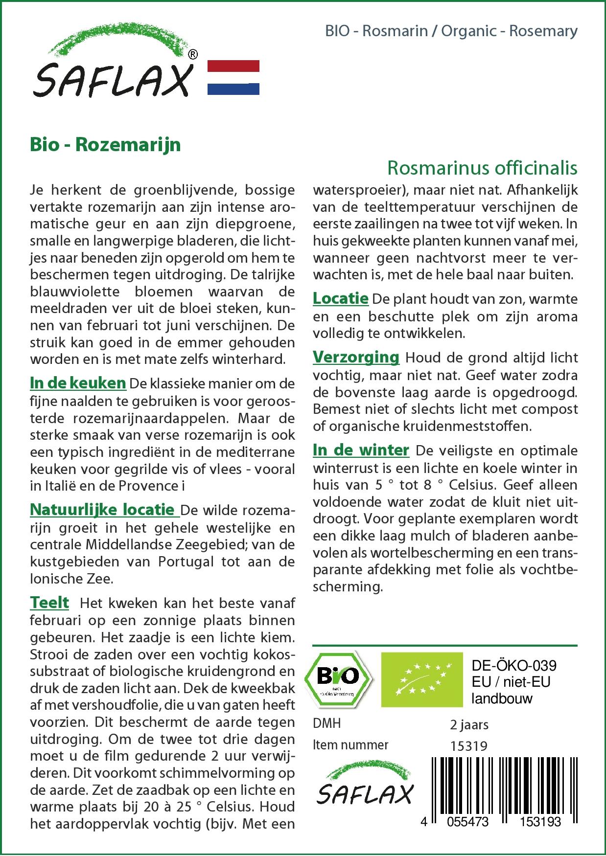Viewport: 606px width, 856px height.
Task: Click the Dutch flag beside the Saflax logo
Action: (233, 78)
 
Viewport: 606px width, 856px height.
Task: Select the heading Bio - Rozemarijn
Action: (105, 145)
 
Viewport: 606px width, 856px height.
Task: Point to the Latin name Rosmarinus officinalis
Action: (482, 168)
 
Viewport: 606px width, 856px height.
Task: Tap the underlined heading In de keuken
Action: (78, 383)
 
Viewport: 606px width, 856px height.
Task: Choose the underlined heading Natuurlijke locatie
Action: (104, 510)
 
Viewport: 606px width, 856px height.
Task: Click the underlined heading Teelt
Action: (49, 602)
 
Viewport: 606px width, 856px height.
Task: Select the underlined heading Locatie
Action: (340, 298)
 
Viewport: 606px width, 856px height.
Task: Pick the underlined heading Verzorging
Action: (356, 357)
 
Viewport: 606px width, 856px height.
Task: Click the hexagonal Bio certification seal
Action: (338, 679)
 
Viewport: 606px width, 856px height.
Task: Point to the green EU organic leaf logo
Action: (422, 679)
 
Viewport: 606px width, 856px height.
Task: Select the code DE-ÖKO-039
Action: (513, 665)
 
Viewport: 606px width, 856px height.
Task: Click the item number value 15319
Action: (468, 746)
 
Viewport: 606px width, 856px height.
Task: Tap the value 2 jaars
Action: (469, 724)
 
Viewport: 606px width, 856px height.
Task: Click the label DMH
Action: (326, 723)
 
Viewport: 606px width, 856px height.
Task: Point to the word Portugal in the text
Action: (186, 562)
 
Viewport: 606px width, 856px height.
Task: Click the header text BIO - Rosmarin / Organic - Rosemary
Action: (451, 31)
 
